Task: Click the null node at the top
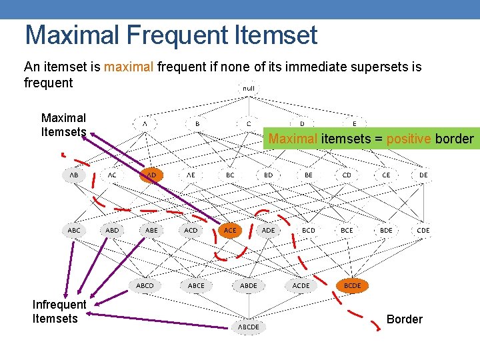pyautogui.click(x=248, y=88)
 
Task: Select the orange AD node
pyautogui.click(x=151, y=175)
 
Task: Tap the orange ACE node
pyautogui.click(x=229, y=230)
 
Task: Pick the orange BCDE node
pyautogui.click(x=352, y=285)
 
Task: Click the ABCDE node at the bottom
pyautogui.click(x=248, y=327)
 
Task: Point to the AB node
pyautogui.click(x=74, y=175)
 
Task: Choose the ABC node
pyautogui.click(x=74, y=230)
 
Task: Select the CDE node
pyautogui.click(x=423, y=230)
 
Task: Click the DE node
pyautogui.click(x=423, y=175)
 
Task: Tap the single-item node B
pyautogui.click(x=197, y=123)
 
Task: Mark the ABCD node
pyautogui.click(x=145, y=285)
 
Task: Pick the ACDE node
pyautogui.click(x=301, y=285)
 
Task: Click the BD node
pyautogui.click(x=268, y=175)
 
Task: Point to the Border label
pyautogui.click(x=404, y=319)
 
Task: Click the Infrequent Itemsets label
pyautogui.click(x=59, y=311)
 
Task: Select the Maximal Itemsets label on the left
pyautogui.click(x=63, y=125)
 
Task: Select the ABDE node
pyautogui.click(x=248, y=285)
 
